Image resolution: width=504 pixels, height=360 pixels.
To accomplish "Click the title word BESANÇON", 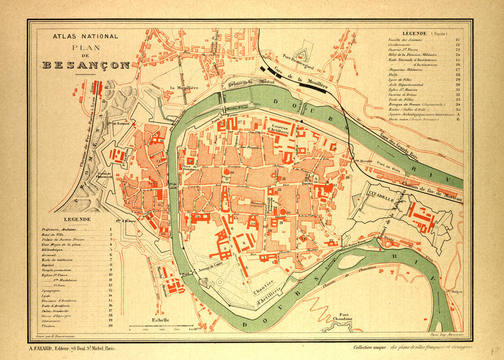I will [x=86, y=65].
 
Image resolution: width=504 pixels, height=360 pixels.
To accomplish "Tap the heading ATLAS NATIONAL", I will [x=86, y=36].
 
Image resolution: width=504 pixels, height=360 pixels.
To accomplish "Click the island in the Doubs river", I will [x=352, y=262].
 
